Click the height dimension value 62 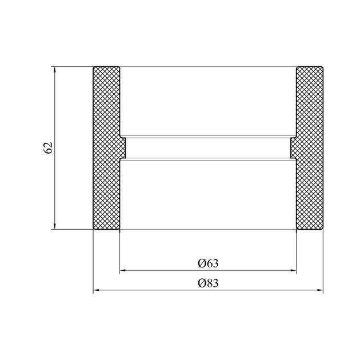48,148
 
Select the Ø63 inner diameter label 208,263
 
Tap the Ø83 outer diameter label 208,283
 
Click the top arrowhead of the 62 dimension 55,69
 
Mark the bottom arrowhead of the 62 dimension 55,226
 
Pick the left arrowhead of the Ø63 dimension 123,270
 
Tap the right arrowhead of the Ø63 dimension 293,270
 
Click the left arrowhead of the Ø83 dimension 96,290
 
